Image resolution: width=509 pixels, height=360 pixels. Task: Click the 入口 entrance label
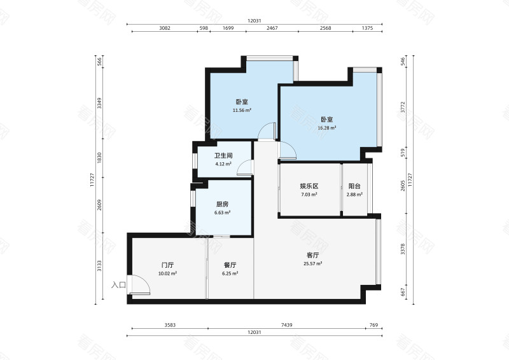(x=118, y=285)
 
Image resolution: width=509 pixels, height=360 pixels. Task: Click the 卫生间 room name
(x=223, y=156)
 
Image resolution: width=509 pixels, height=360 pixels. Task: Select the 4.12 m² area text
(x=223, y=164)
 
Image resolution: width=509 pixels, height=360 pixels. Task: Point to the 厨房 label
(x=222, y=204)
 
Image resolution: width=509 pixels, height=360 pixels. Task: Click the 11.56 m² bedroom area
(x=242, y=111)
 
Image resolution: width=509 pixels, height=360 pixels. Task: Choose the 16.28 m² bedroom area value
(x=327, y=128)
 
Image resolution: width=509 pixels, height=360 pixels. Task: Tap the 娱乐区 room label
(x=309, y=186)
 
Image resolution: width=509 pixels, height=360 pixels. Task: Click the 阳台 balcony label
(x=354, y=186)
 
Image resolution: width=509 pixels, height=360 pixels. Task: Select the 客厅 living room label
(x=312, y=255)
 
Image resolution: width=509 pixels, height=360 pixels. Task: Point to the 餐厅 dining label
(x=230, y=265)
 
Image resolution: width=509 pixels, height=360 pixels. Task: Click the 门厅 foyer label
(x=167, y=265)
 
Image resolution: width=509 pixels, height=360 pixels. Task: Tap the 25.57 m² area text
(x=313, y=263)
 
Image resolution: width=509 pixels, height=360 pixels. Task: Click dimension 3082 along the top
(x=165, y=28)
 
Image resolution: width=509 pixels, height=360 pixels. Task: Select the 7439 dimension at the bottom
(x=287, y=325)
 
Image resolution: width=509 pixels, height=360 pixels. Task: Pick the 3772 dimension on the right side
(x=403, y=107)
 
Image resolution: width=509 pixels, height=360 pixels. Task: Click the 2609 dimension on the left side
(x=99, y=205)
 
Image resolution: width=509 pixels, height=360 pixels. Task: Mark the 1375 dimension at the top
(x=367, y=28)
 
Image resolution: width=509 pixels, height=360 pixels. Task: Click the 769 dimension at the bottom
(x=374, y=325)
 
